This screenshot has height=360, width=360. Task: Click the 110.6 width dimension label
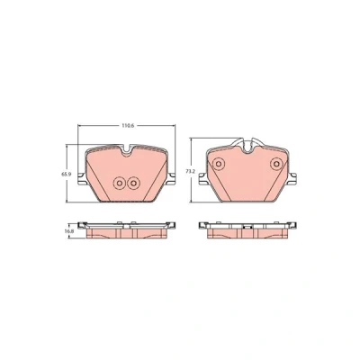point(127,126)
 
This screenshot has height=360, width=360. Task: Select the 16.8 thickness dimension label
point(69,231)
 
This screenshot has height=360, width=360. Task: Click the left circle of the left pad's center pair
point(119,183)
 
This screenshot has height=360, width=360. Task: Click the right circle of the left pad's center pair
point(133,183)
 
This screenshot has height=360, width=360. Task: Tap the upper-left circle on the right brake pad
point(219,164)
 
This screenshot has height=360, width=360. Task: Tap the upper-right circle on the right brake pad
point(276,164)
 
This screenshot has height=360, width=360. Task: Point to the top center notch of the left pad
point(128,149)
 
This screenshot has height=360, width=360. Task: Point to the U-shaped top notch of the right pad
point(247,147)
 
